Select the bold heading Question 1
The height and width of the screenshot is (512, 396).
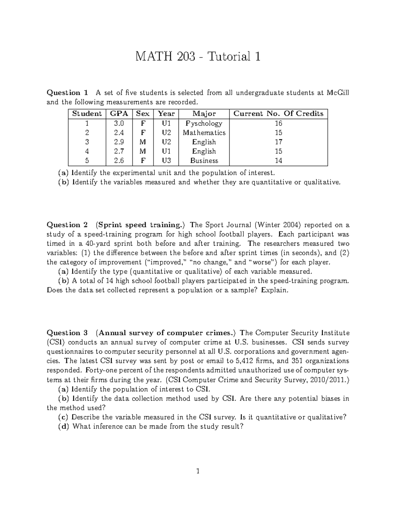[68, 93]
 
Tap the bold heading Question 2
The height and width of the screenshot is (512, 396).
[68, 225]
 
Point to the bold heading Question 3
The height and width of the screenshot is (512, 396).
[68, 333]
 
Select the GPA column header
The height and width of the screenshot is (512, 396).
[119, 114]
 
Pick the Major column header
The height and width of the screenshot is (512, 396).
[204, 114]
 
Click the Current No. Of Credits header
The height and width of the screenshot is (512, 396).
[278, 114]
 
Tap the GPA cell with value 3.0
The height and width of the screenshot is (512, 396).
[119, 123]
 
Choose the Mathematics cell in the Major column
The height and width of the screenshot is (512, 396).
[204, 133]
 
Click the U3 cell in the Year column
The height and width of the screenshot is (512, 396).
[166, 161]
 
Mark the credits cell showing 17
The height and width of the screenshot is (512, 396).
[279, 142]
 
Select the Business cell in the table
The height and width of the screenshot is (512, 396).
[204, 161]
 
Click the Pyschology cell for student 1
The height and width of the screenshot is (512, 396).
[204, 123]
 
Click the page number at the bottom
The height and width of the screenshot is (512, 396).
[198, 471]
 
